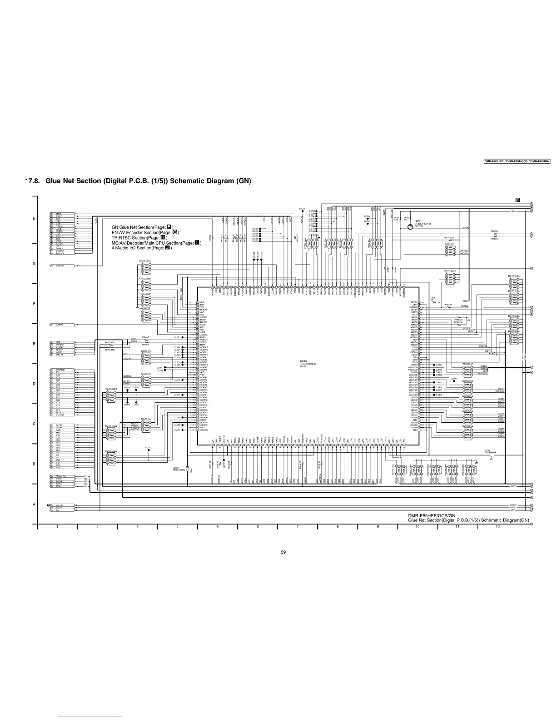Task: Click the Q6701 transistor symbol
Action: tap(410, 226)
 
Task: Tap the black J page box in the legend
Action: tap(168, 248)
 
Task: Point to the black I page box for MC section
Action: tap(197, 243)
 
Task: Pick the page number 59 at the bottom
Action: tap(283, 552)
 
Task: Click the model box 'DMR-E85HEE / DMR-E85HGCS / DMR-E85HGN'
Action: tap(516, 161)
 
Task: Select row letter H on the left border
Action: tap(34, 220)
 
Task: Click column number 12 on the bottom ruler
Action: tap(498, 527)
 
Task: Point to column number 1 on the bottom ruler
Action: tap(57, 527)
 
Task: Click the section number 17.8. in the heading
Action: tap(33, 181)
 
